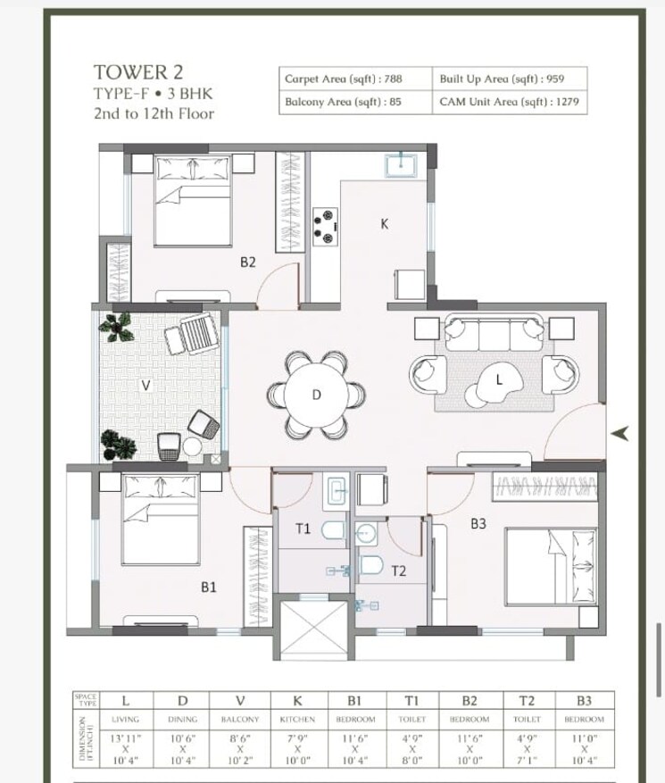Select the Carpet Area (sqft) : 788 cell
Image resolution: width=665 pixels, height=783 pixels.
[343, 79]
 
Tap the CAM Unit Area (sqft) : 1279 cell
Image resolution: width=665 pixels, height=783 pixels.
[509, 102]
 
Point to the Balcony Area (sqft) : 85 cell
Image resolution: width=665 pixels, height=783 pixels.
[343, 102]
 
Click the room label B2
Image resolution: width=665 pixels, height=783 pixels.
[248, 262]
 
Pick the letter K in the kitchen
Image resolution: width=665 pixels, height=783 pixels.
[385, 224]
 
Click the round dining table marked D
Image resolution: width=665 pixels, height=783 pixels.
[316, 394]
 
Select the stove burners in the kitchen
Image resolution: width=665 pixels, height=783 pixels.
[326, 225]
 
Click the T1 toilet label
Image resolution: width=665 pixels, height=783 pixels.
[303, 529]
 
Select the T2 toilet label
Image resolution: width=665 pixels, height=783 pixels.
[398, 571]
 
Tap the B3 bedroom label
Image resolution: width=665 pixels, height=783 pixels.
[478, 524]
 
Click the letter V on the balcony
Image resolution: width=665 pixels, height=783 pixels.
[145, 386]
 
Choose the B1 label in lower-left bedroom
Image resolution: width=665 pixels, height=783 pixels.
[209, 587]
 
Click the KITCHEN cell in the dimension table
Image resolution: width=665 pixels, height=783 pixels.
[297, 719]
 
